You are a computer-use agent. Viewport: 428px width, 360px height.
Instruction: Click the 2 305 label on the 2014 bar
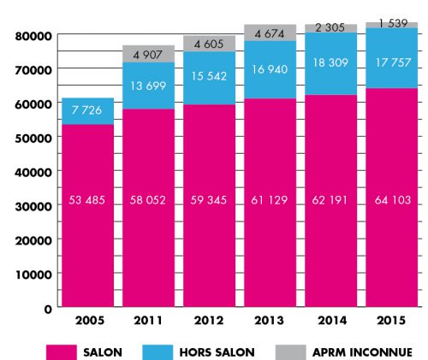coord(330,28)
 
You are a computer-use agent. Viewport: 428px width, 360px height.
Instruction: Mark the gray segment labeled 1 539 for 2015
coord(390,25)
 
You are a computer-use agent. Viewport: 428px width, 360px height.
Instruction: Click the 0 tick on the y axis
coord(50,307)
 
